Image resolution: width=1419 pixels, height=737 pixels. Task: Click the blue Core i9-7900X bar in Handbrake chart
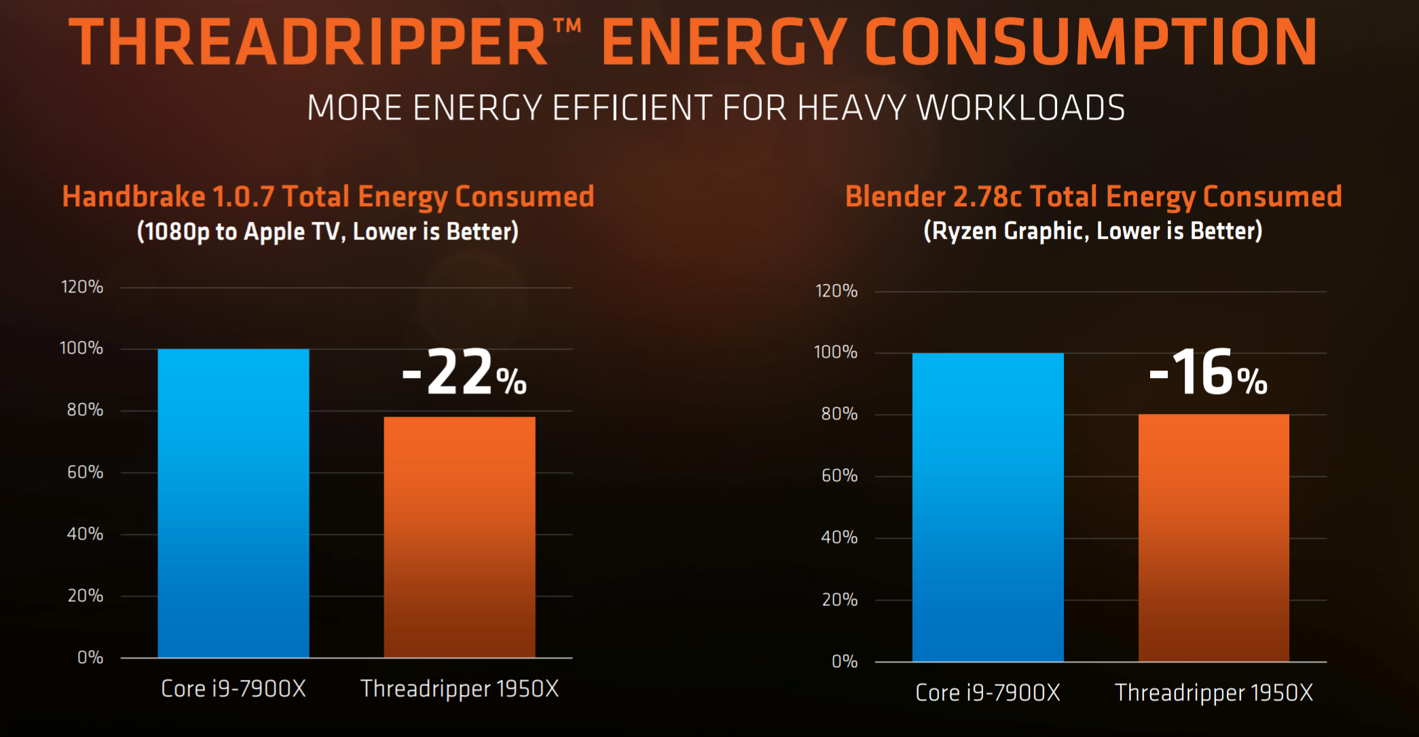point(234,503)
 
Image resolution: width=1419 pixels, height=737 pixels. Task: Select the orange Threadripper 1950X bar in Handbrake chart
point(460,537)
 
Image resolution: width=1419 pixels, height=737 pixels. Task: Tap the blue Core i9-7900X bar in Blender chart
point(988,507)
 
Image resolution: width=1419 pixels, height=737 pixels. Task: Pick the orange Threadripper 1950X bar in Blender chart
point(1214,537)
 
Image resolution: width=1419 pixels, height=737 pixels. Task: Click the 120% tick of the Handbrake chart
point(82,287)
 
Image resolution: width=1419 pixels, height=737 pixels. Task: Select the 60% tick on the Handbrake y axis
point(85,472)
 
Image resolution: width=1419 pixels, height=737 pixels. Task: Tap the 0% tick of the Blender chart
point(845,662)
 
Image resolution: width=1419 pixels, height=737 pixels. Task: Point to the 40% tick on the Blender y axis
point(839,538)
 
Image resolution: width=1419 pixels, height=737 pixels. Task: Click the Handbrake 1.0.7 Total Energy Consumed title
point(328,197)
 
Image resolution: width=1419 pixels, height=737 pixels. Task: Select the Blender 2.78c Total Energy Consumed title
point(1093,197)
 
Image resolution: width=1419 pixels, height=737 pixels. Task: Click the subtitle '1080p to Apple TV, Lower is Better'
point(328,231)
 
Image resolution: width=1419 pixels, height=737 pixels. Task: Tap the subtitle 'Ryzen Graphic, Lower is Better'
point(1093,231)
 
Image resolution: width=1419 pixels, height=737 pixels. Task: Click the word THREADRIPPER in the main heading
point(309,42)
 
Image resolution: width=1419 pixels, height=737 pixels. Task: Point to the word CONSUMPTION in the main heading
point(1091,42)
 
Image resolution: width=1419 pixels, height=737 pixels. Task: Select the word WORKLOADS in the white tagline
point(1021,108)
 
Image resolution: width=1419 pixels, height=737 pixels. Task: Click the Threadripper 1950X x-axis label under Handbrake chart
point(460,689)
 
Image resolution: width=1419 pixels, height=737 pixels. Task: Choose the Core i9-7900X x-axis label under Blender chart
point(988,693)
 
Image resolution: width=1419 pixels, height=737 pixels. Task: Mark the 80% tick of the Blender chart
point(839,414)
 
